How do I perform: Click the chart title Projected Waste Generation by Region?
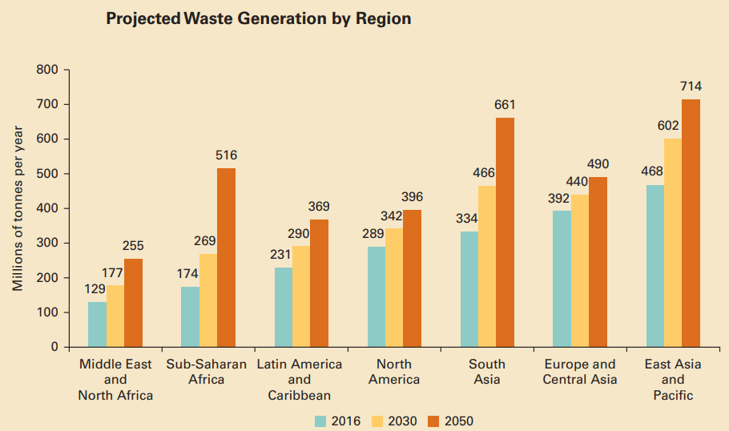click(258, 18)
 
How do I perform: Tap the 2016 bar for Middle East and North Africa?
click(97, 324)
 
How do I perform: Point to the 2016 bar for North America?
click(376, 296)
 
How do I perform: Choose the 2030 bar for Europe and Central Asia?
click(580, 271)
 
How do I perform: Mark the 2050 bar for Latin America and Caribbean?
click(319, 283)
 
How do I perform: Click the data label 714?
click(691, 86)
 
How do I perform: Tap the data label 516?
click(227, 155)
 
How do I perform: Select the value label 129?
click(96, 288)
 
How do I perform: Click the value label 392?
click(558, 198)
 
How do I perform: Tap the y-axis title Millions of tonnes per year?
click(18, 208)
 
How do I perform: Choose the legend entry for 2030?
click(393, 421)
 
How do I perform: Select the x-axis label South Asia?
click(486, 372)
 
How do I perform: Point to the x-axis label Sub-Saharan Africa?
click(207, 372)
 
